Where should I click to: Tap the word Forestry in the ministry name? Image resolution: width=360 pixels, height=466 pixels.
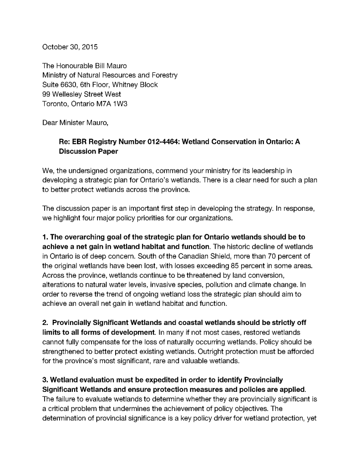click(x=164, y=76)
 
